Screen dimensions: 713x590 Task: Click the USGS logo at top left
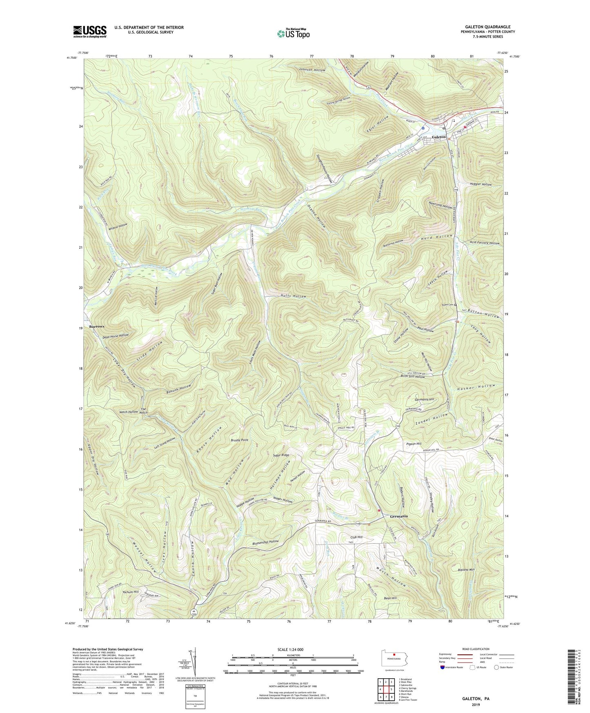(90, 31)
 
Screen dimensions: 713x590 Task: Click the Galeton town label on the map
(439, 137)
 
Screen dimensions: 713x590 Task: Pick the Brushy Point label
(240, 440)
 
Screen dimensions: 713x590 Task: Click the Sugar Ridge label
(281, 455)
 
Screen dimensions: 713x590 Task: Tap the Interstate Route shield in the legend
(443, 679)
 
